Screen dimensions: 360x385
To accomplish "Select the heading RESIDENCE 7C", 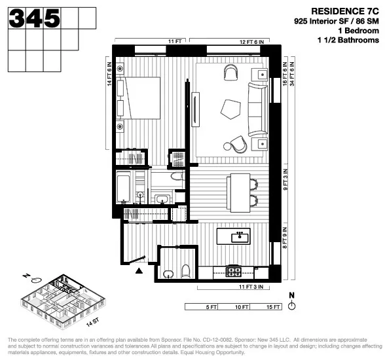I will (344, 11).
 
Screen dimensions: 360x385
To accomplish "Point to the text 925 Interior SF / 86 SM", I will (336, 22).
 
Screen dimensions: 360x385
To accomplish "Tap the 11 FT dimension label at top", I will (175, 41).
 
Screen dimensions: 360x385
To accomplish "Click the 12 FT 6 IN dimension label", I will (251, 41).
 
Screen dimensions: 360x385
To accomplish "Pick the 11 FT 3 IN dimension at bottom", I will (251, 287).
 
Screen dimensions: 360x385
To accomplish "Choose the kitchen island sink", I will (240, 235).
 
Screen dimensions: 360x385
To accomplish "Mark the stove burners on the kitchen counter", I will (234, 270).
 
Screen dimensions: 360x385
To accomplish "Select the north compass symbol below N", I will (292, 305).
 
